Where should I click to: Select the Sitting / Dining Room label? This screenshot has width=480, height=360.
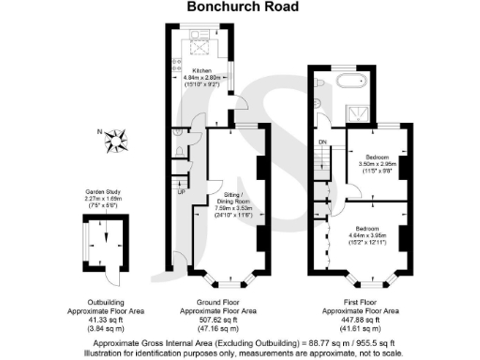232,202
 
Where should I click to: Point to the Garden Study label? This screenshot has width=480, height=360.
103,190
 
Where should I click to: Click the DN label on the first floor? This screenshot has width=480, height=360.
322,142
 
